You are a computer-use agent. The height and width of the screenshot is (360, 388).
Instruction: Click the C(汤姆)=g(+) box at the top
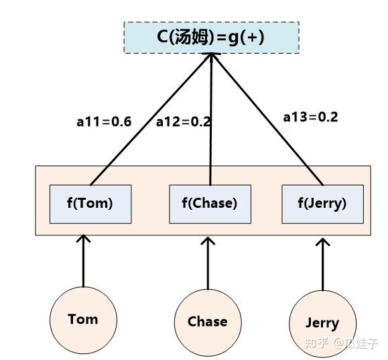point(211,37)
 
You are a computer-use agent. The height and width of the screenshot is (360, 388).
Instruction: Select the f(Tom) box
point(90,203)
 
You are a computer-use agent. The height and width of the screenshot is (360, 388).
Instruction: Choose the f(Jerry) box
point(322,203)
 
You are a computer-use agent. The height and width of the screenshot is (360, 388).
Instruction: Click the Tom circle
point(83,319)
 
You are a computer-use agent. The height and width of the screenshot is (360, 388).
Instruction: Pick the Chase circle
point(207,322)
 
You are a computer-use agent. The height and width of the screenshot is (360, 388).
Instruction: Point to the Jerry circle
point(322,323)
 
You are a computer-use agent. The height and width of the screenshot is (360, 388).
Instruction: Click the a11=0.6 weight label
point(104,122)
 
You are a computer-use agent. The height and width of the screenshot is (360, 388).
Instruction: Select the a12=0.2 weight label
point(183,122)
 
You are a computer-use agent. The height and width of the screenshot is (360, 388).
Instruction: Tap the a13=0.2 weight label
point(310,117)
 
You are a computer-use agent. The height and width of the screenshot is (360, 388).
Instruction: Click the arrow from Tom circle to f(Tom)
point(83,261)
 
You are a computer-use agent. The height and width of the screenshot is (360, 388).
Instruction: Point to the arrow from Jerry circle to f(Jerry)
point(323,265)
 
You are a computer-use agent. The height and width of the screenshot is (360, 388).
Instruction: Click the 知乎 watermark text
point(316,343)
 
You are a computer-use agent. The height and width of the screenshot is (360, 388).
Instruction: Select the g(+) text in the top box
point(243,37)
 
